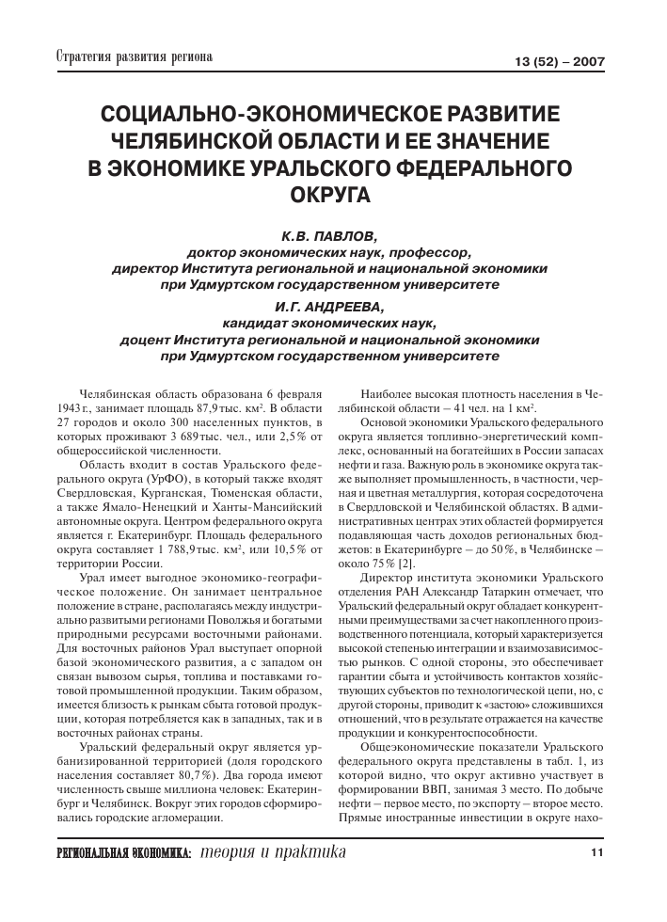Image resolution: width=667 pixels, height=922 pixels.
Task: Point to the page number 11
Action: click(x=596, y=852)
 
